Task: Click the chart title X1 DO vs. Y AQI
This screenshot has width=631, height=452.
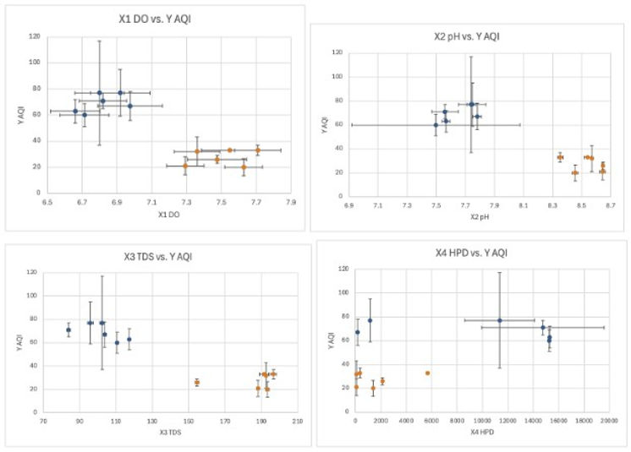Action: (x=153, y=19)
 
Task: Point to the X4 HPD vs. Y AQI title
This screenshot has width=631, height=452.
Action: (x=466, y=253)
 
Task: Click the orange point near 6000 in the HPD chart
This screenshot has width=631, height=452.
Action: (x=428, y=373)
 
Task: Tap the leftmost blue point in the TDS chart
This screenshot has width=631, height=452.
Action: (x=69, y=330)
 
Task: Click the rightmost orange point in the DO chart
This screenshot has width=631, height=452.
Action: (x=258, y=151)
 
